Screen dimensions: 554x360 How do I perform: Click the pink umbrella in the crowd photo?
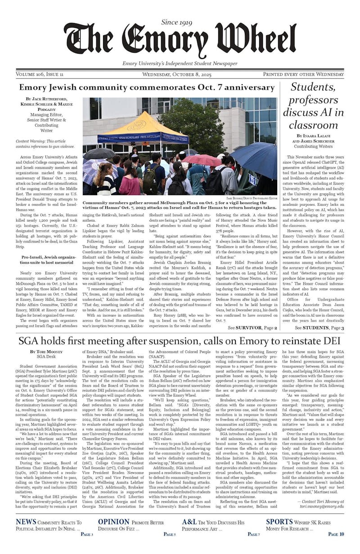(x=202, y=160)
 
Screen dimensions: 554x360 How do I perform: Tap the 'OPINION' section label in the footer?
(x=114, y=522)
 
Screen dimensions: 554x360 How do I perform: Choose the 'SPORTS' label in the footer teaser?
(x=279, y=522)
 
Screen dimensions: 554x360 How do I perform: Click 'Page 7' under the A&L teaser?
(x=253, y=534)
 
